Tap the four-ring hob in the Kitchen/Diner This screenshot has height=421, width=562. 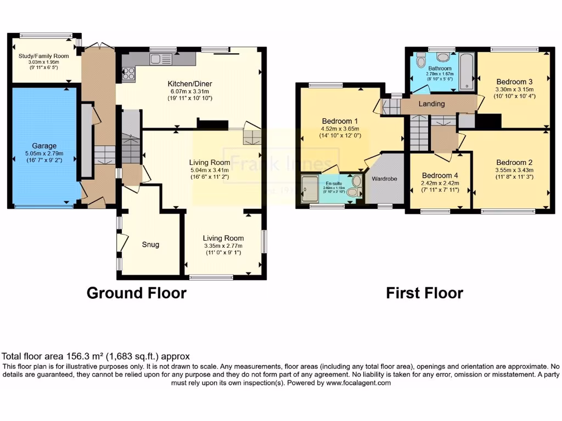click(128, 73)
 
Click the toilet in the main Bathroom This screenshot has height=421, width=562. click(421, 59)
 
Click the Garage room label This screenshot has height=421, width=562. click(44, 146)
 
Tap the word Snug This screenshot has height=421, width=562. click(150, 244)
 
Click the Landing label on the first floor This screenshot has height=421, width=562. click(431, 104)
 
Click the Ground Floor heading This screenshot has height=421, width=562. click(136, 293)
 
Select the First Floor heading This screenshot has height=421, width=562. click(424, 293)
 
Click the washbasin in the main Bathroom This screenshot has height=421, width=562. click(443, 59)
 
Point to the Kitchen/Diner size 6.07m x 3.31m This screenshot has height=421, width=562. click(190, 91)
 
